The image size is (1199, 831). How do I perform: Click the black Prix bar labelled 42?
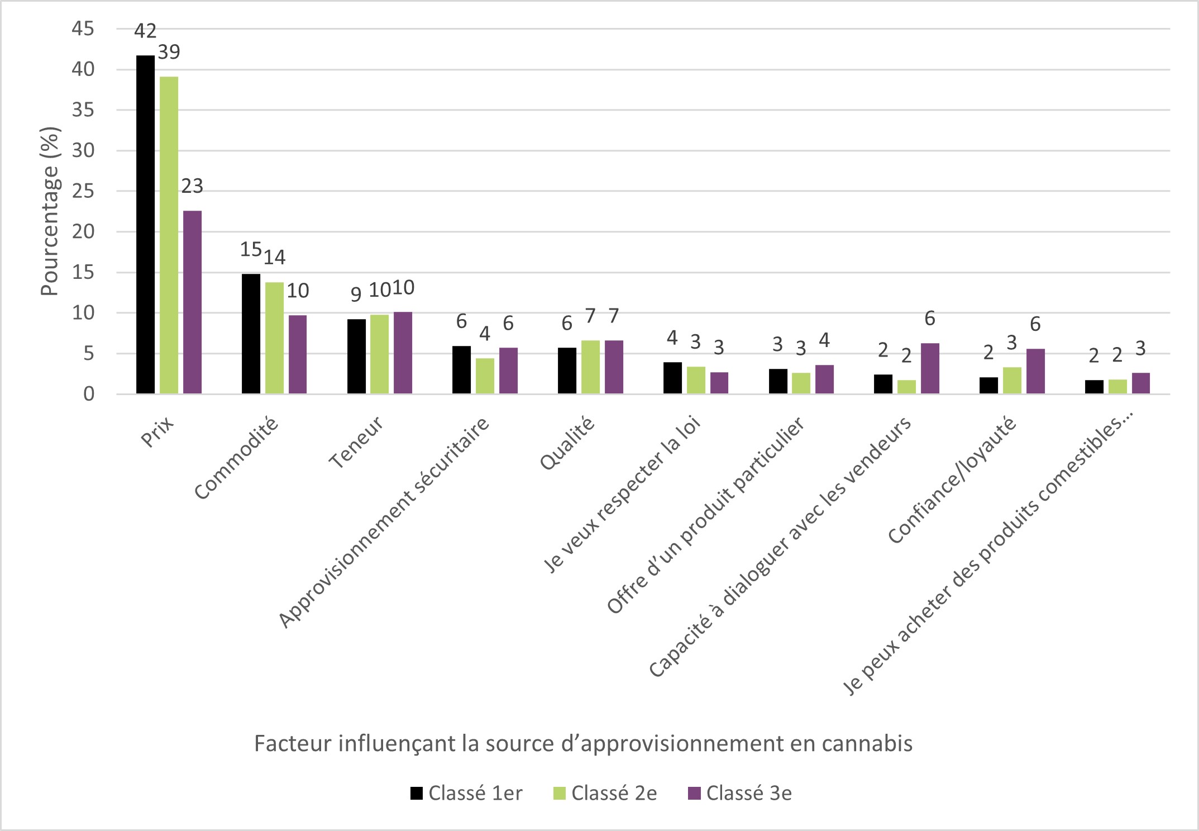pos(145,224)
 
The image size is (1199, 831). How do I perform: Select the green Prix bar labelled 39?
pos(169,235)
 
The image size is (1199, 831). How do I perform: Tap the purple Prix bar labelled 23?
pos(192,302)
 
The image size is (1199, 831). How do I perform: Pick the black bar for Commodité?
pos(251,334)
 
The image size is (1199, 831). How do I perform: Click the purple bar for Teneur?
pos(403,353)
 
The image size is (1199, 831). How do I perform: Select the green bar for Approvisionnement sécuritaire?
pos(485,376)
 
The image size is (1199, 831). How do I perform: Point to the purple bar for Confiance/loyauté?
pos(1035,371)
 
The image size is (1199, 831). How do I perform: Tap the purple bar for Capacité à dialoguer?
pos(930,368)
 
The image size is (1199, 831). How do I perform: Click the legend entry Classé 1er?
pos(466,793)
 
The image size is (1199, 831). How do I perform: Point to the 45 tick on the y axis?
pos(83,29)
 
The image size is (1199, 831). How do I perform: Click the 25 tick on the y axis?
pos(83,191)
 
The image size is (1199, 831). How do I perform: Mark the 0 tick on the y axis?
pos(89,394)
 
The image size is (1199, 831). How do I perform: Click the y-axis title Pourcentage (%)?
pos(50,212)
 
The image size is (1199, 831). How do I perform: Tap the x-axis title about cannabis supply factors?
pos(583,744)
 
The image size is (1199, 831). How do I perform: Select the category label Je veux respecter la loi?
pos(623,495)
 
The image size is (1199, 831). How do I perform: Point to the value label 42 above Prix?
pos(145,31)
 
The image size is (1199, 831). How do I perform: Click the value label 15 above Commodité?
pos(251,249)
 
